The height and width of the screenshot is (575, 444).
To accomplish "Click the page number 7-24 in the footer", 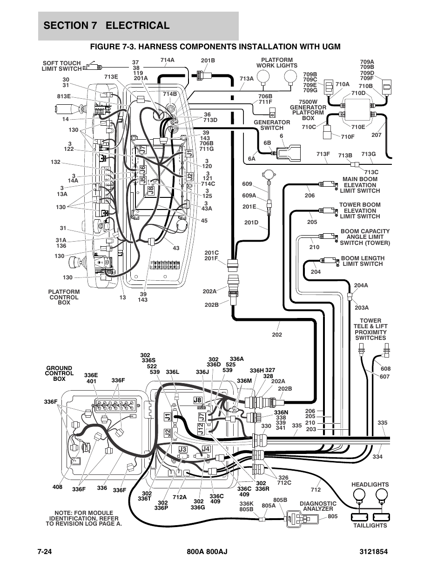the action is [x=44, y=551].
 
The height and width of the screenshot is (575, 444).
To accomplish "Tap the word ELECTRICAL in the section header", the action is [x=137, y=26].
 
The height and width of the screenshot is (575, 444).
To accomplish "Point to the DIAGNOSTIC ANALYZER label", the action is [x=318, y=506].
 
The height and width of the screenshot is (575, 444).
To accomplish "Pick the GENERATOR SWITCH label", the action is [x=272, y=125].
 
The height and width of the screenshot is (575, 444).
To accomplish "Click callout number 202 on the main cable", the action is [x=277, y=335].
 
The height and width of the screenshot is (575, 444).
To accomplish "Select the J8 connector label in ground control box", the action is [x=197, y=400].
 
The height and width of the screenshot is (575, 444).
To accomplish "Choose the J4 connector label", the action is [x=206, y=449].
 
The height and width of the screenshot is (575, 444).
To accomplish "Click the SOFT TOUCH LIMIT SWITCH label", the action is [x=61, y=66].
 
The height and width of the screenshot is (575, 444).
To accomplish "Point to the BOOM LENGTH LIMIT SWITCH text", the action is [x=363, y=261].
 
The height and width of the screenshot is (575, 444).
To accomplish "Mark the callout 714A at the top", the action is [x=168, y=60].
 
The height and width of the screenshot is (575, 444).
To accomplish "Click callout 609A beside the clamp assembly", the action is [x=249, y=196].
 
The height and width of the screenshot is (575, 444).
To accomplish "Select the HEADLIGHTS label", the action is [x=370, y=485].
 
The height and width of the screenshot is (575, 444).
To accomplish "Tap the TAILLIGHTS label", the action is [x=370, y=526].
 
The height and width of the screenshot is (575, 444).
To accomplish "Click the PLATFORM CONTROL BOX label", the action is [x=64, y=297].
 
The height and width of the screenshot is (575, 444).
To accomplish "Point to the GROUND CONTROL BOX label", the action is [x=59, y=373].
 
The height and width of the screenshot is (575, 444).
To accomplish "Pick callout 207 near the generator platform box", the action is [x=377, y=135].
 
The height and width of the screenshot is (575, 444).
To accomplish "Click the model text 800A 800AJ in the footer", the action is [x=207, y=551].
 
